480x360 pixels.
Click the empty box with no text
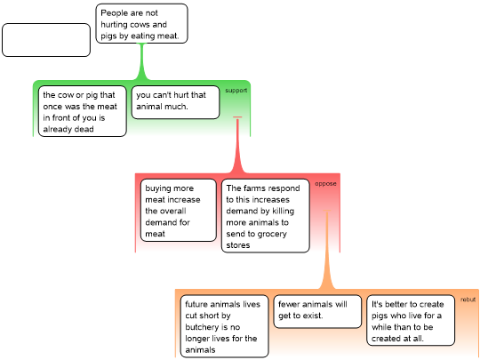point(46,40)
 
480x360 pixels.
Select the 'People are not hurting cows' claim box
point(141,24)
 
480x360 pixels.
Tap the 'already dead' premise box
point(83,111)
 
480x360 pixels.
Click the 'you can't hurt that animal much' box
point(175,102)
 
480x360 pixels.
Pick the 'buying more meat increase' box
point(179,211)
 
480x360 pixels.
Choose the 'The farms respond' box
point(266,216)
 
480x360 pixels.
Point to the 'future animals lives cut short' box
point(224,326)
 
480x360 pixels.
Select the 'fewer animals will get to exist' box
point(317,311)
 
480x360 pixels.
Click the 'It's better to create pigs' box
point(411,320)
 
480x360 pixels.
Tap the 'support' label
point(236,91)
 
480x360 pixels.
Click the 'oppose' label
point(325,184)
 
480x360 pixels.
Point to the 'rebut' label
point(468,300)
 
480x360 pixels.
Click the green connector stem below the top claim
point(141,61)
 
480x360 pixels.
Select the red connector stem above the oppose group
point(237,145)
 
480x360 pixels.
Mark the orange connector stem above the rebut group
point(327,250)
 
